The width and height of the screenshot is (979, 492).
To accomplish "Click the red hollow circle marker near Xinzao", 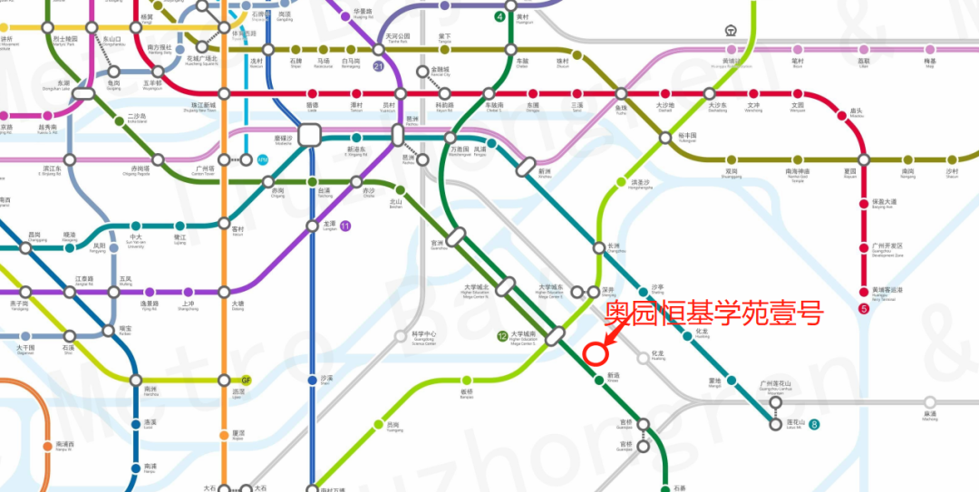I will pos(596,352).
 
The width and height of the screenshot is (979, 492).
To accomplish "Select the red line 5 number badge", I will pos(864,309).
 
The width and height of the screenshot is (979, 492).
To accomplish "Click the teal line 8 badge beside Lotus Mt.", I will pos(815,424).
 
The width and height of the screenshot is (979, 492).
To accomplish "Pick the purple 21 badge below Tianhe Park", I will pos(378,66).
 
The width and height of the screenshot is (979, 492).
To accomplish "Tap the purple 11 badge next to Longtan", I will pos(344,226).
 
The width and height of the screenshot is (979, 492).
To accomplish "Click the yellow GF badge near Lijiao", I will pos(246,381).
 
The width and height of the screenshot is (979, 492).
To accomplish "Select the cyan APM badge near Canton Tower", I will pos(263,160).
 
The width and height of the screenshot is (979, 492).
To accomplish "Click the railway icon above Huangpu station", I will pos(731,30).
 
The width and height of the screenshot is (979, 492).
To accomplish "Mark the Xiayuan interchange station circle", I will pos(864,159).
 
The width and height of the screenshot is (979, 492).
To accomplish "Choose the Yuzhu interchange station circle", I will pos(621,93).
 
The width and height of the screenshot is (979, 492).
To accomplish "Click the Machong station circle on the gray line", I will pos(930,402).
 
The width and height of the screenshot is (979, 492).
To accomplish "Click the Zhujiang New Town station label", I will pos(199,107).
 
